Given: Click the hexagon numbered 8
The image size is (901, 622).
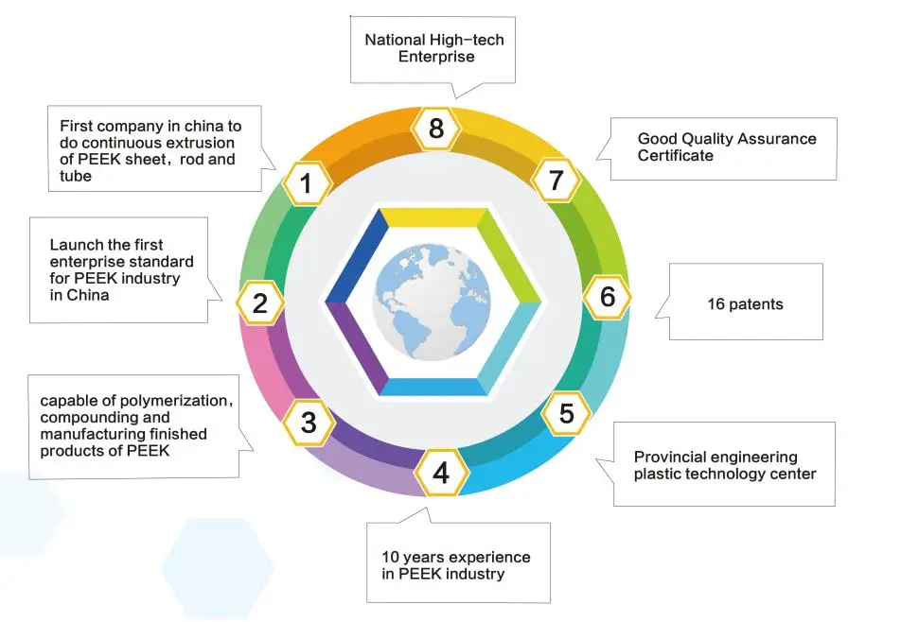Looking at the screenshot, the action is (436, 128).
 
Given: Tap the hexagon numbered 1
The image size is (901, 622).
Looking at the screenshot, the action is (307, 183).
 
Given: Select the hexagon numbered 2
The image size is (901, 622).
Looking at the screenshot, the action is (260, 303).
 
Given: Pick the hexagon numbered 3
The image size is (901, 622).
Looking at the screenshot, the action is (309, 423).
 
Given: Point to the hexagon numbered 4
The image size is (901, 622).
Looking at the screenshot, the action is (441, 473).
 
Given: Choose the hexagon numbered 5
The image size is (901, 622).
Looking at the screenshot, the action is (567, 413).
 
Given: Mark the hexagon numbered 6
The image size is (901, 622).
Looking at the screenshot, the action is (608, 297).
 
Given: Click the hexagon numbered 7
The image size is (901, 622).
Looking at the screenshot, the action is (556, 181).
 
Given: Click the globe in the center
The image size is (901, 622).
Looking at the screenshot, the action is (433, 302).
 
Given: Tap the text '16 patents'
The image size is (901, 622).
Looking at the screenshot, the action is (745, 304).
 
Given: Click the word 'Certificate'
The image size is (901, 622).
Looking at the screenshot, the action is (675, 155).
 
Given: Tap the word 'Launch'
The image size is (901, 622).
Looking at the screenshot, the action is (74, 245).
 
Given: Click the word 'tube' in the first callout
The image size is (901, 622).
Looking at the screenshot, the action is (76, 176).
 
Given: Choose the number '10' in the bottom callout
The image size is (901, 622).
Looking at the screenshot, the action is (390, 557).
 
